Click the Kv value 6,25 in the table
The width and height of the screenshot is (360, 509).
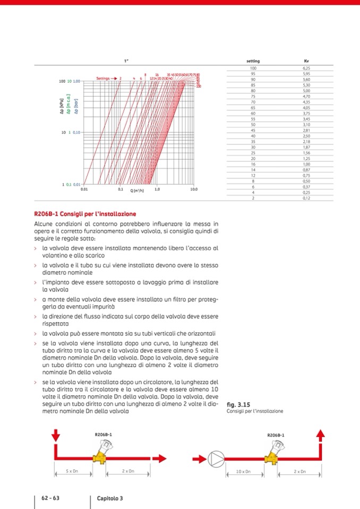(306, 68)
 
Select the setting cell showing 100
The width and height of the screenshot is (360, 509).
(253, 68)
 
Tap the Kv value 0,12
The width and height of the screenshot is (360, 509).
(306, 198)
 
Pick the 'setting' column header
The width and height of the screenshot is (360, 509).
(253, 61)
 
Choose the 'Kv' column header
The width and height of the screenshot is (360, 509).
(306, 61)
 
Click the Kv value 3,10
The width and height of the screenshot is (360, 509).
(306, 125)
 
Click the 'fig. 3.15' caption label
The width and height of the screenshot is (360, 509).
(238, 404)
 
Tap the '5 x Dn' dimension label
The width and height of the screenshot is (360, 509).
(73, 471)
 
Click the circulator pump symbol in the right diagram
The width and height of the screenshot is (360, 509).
(216, 458)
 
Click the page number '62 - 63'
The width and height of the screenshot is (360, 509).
(49, 498)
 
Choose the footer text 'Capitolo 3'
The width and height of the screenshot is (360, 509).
(110, 498)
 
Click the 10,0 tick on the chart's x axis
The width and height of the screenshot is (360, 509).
(194, 189)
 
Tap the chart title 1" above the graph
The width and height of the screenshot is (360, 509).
(126, 61)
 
